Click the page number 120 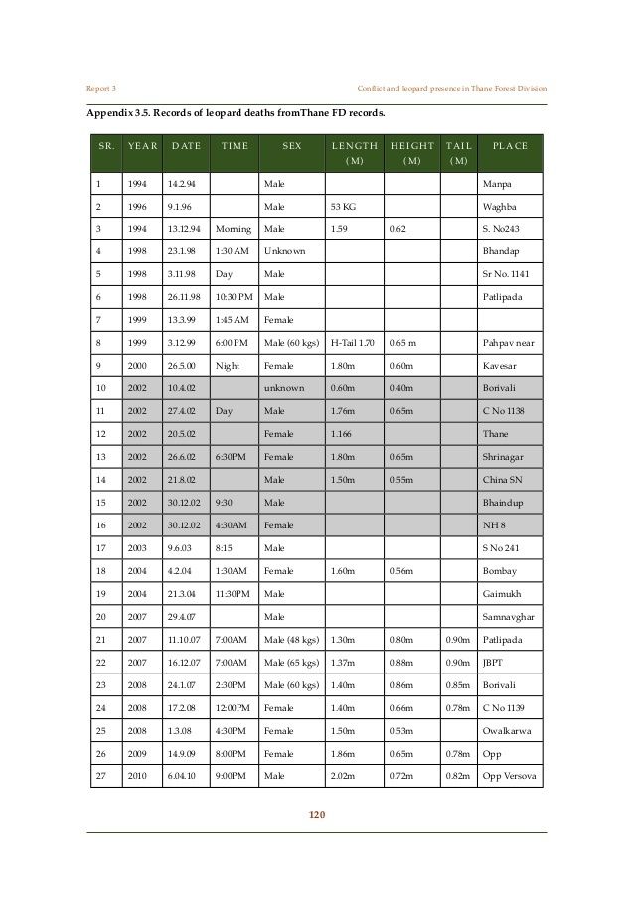pos(317,816)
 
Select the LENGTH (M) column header pos(353,152)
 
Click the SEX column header pos(291,146)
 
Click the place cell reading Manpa pos(496,185)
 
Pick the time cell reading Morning pos(234,228)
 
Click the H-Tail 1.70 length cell pos(352,342)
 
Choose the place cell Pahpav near pos(509,342)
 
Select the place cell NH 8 pos(492,523)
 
